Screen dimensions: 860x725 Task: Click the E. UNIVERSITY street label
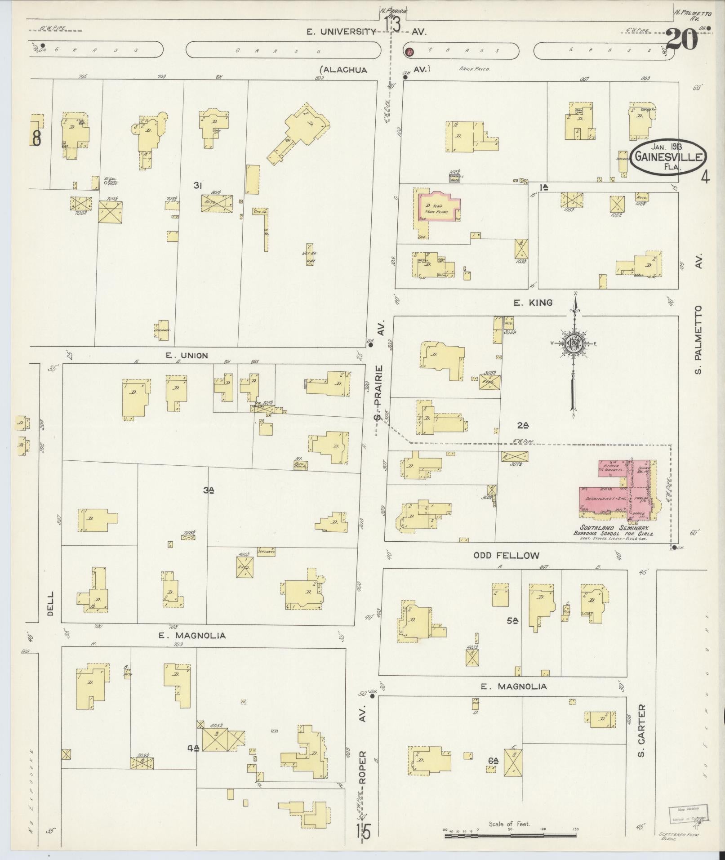coord(341,31)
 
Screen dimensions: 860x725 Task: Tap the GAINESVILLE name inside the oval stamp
coord(667,157)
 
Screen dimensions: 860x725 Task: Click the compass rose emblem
coord(574,343)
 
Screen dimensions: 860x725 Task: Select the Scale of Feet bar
coord(510,835)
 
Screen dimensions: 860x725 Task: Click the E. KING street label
coord(533,303)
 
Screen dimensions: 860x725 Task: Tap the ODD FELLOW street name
coord(506,556)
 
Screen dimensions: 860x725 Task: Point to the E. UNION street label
coord(187,356)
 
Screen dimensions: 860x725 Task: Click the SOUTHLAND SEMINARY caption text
coord(616,528)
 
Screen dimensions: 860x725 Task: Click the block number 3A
coord(208,491)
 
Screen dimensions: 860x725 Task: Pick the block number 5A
coord(512,621)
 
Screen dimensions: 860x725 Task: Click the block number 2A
coord(523,425)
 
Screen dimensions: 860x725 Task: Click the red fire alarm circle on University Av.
coord(409,52)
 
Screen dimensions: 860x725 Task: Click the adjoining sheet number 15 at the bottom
coord(365,832)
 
